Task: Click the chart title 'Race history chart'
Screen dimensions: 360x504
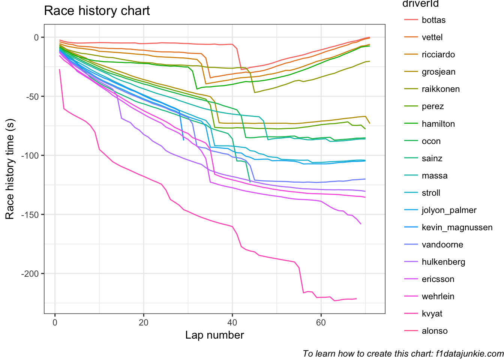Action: (x=97, y=11)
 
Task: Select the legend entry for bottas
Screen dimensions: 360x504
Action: (x=433, y=20)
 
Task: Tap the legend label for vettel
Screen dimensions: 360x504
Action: (x=432, y=37)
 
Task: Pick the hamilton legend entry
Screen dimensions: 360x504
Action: (x=438, y=124)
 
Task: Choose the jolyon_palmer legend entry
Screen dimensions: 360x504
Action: (x=449, y=210)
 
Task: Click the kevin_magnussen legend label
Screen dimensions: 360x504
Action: (x=457, y=227)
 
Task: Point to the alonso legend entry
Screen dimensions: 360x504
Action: (x=434, y=331)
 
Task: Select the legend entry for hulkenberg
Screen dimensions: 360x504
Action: (x=443, y=262)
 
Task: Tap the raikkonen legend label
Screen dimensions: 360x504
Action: (x=440, y=89)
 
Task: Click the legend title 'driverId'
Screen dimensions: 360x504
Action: (x=420, y=4)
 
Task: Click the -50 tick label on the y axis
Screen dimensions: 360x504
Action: (x=33, y=96)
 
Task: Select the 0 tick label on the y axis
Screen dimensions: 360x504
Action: (x=36, y=37)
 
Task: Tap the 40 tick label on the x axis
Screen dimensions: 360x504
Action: (x=232, y=322)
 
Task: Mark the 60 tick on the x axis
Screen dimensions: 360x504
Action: (x=321, y=322)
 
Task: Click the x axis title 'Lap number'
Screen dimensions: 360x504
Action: (x=214, y=335)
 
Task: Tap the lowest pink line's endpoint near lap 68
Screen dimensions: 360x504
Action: (x=356, y=298)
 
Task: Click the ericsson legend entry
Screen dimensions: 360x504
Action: (x=438, y=279)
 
